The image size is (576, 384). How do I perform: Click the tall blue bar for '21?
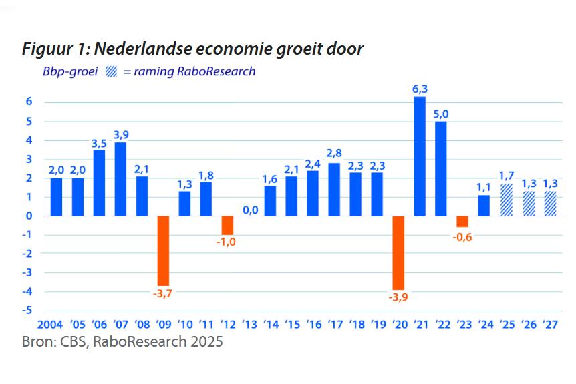[x=420, y=156]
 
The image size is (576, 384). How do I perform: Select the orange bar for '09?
[x=163, y=250]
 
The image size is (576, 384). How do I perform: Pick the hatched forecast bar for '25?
[x=505, y=200]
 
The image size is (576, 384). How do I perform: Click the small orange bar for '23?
[x=462, y=221]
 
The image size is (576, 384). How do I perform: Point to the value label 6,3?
[x=420, y=88]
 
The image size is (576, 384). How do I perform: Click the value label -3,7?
[x=163, y=295]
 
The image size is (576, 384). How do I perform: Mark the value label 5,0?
[x=441, y=113]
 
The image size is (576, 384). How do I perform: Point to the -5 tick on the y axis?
[x=29, y=311]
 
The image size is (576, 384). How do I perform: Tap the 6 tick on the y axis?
[x=30, y=102]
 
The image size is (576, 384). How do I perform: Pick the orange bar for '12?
[x=227, y=225]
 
